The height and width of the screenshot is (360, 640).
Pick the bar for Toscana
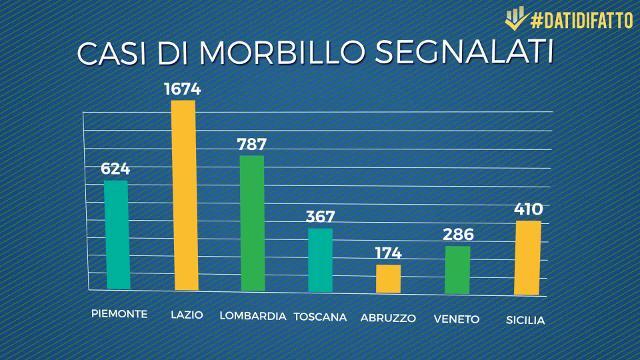click(320, 259)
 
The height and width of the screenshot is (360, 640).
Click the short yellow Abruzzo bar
click(388, 278)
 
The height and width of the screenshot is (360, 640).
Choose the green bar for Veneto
click(457, 269)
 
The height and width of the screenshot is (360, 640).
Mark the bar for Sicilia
click(527, 258)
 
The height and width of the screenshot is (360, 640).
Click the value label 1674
click(183, 89)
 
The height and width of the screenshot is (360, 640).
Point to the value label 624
click(115, 168)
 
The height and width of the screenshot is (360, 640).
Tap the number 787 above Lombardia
click(252, 143)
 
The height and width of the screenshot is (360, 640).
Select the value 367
click(320, 216)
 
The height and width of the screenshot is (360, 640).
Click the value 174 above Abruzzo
click(388, 252)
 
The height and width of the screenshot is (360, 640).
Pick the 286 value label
click(457, 235)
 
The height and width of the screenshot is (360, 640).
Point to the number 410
click(527, 209)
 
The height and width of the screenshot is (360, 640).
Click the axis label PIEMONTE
click(118, 313)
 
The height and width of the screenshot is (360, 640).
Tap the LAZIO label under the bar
click(187, 315)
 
